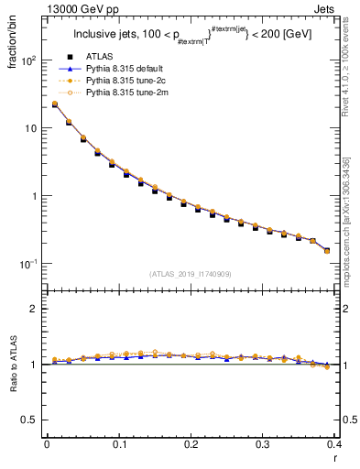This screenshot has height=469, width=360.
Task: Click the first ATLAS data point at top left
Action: click(x=54, y=104)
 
